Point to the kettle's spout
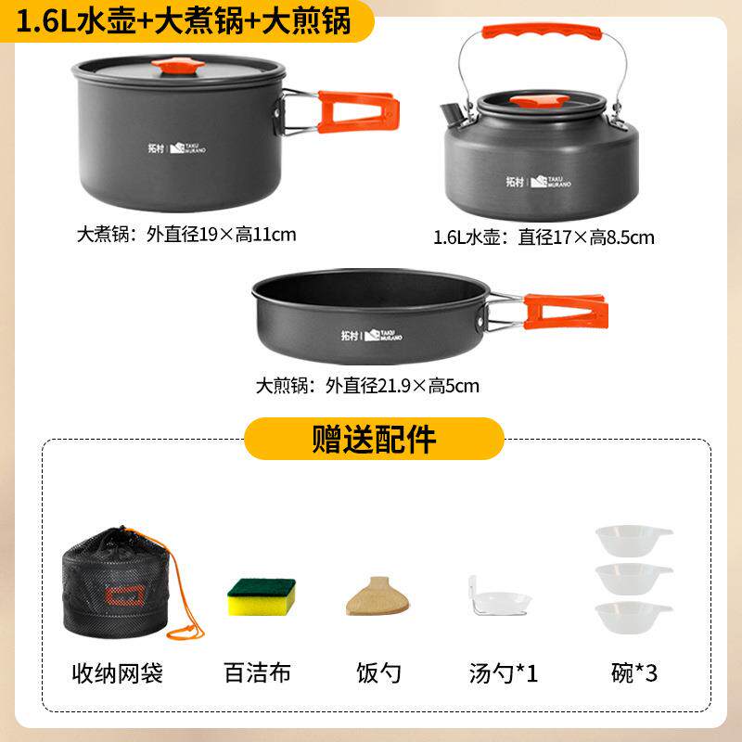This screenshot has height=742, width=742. point(452,116)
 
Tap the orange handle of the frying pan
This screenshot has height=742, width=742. point(567,313)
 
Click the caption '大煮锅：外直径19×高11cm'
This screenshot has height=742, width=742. point(186,234)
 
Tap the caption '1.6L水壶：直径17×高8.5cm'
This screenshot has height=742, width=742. point(544,237)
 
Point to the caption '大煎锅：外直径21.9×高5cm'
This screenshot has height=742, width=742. point(368,385)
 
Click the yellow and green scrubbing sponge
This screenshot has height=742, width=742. point(262,595)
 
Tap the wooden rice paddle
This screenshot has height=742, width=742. point(378,595)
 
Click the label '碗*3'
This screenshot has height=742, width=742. point(633,672)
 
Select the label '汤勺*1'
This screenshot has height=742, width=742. point(502,672)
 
